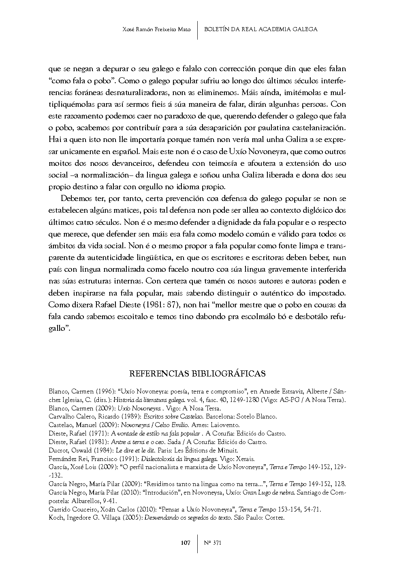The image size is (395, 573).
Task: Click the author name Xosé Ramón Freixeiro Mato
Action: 156,30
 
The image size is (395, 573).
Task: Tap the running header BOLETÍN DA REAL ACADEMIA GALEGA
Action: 260,30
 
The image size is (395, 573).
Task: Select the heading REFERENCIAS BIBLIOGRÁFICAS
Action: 197,374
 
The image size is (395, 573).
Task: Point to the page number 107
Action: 186,543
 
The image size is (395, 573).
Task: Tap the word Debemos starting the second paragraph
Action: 73,199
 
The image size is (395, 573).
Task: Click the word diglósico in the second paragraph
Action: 320,210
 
